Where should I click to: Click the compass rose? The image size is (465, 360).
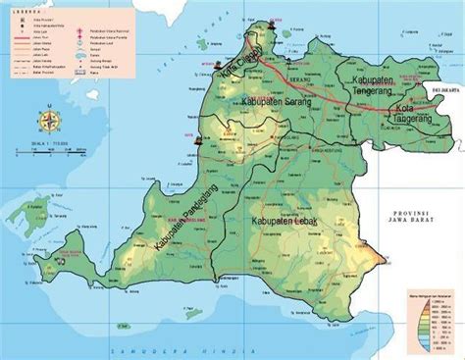(47, 122)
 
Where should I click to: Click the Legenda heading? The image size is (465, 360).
(22, 7)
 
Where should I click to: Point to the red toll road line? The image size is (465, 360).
(324, 86)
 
